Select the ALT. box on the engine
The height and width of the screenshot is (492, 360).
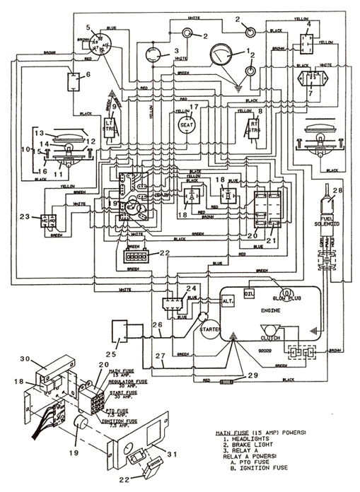(228, 300)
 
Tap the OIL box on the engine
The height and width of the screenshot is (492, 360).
(250, 291)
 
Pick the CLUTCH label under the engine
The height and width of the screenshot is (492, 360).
(269, 337)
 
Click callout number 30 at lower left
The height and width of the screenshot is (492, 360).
(25, 358)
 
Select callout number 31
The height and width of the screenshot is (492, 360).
(170, 452)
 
